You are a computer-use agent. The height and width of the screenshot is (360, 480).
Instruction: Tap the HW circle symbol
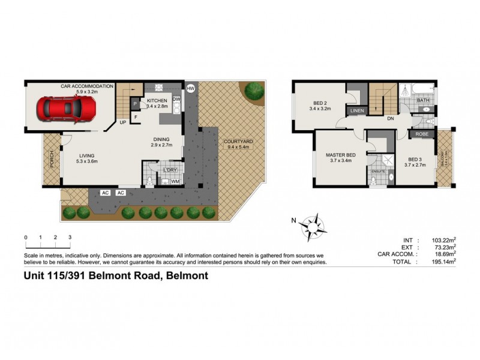click(x=191, y=88)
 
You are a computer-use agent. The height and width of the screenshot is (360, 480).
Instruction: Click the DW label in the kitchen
click(x=177, y=99)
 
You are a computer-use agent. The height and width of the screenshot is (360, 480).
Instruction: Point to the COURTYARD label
click(x=238, y=142)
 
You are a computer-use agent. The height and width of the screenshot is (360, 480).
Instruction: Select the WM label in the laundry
click(x=175, y=181)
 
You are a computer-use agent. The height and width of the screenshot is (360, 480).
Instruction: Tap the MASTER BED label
click(x=341, y=155)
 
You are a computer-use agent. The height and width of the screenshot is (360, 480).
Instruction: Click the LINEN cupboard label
click(x=358, y=111)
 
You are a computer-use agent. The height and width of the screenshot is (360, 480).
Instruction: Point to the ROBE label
click(x=422, y=134)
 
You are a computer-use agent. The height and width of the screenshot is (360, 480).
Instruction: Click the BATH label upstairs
click(x=423, y=100)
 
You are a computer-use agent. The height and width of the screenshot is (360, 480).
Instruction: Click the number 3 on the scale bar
click(x=70, y=238)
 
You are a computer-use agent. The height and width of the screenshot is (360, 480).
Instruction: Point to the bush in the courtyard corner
click(x=254, y=91)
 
